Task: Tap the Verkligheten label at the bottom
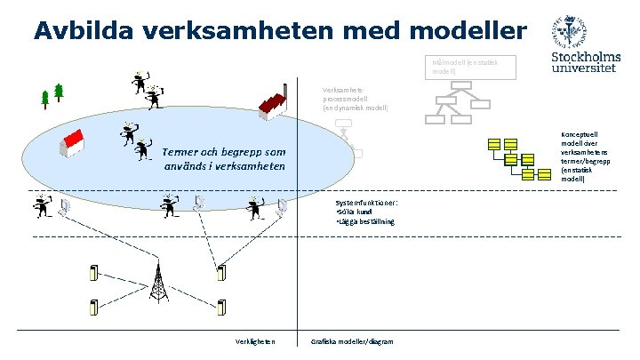click(255, 341)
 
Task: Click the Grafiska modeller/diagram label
click(353, 341)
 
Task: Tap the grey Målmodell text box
click(457, 67)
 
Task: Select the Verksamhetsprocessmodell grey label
click(356, 98)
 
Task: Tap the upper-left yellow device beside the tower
click(94, 271)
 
